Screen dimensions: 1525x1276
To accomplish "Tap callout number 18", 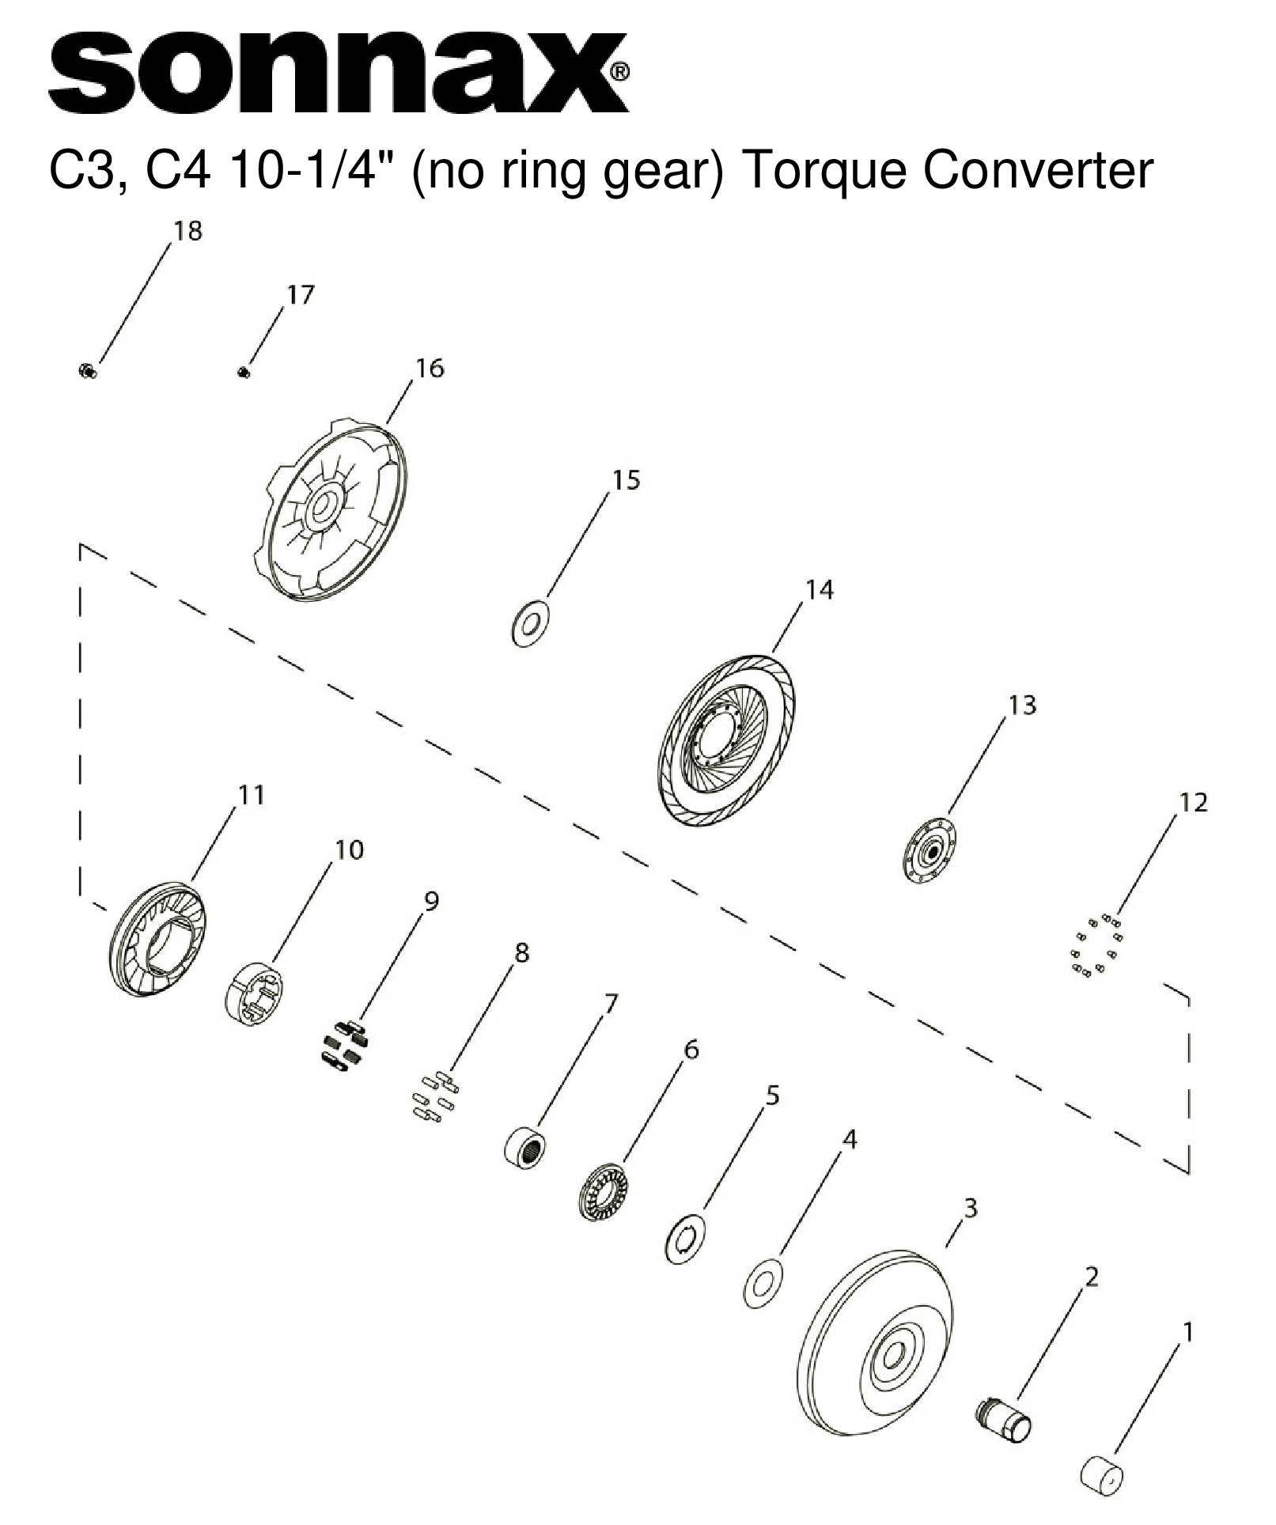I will point(188,231).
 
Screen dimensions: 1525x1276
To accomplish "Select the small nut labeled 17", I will point(244,372).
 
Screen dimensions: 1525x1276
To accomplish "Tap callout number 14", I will point(820,590).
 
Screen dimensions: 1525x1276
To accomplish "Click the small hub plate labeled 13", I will point(930,851).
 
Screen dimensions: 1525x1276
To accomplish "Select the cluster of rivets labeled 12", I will point(1096,947).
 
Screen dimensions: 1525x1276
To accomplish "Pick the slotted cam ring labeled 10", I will point(256,994).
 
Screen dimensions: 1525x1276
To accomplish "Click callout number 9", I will point(431,901).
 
